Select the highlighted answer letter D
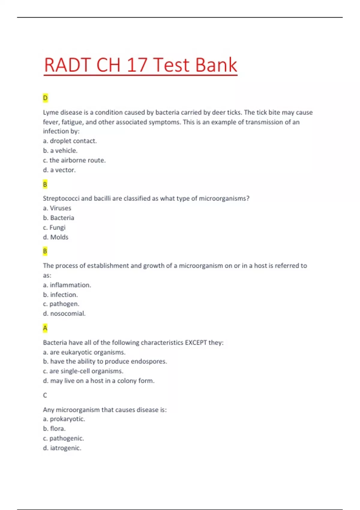pyautogui.click(x=45, y=98)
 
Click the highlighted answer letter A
pyautogui.click(x=45, y=328)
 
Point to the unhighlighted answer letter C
pyautogui.click(x=45, y=395)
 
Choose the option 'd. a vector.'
pyautogui.click(x=59, y=170)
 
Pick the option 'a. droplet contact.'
pyautogui.click(x=70, y=141)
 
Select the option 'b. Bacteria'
pyautogui.click(x=58, y=218)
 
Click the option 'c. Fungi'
pyautogui.click(x=54, y=227)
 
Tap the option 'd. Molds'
pyautogui.click(x=56, y=237)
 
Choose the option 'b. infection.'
pyautogui.click(x=60, y=295)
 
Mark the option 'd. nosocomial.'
pyautogui.click(x=64, y=313)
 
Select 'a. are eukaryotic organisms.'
pyautogui.click(x=84, y=352)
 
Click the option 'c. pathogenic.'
pyautogui.click(x=64, y=438)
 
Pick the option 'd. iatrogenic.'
pyautogui.click(x=62, y=448)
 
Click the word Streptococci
pyautogui.click(x=61, y=199)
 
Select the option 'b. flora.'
pyautogui.click(x=54, y=429)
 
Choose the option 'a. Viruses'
pyautogui.click(x=57, y=208)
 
